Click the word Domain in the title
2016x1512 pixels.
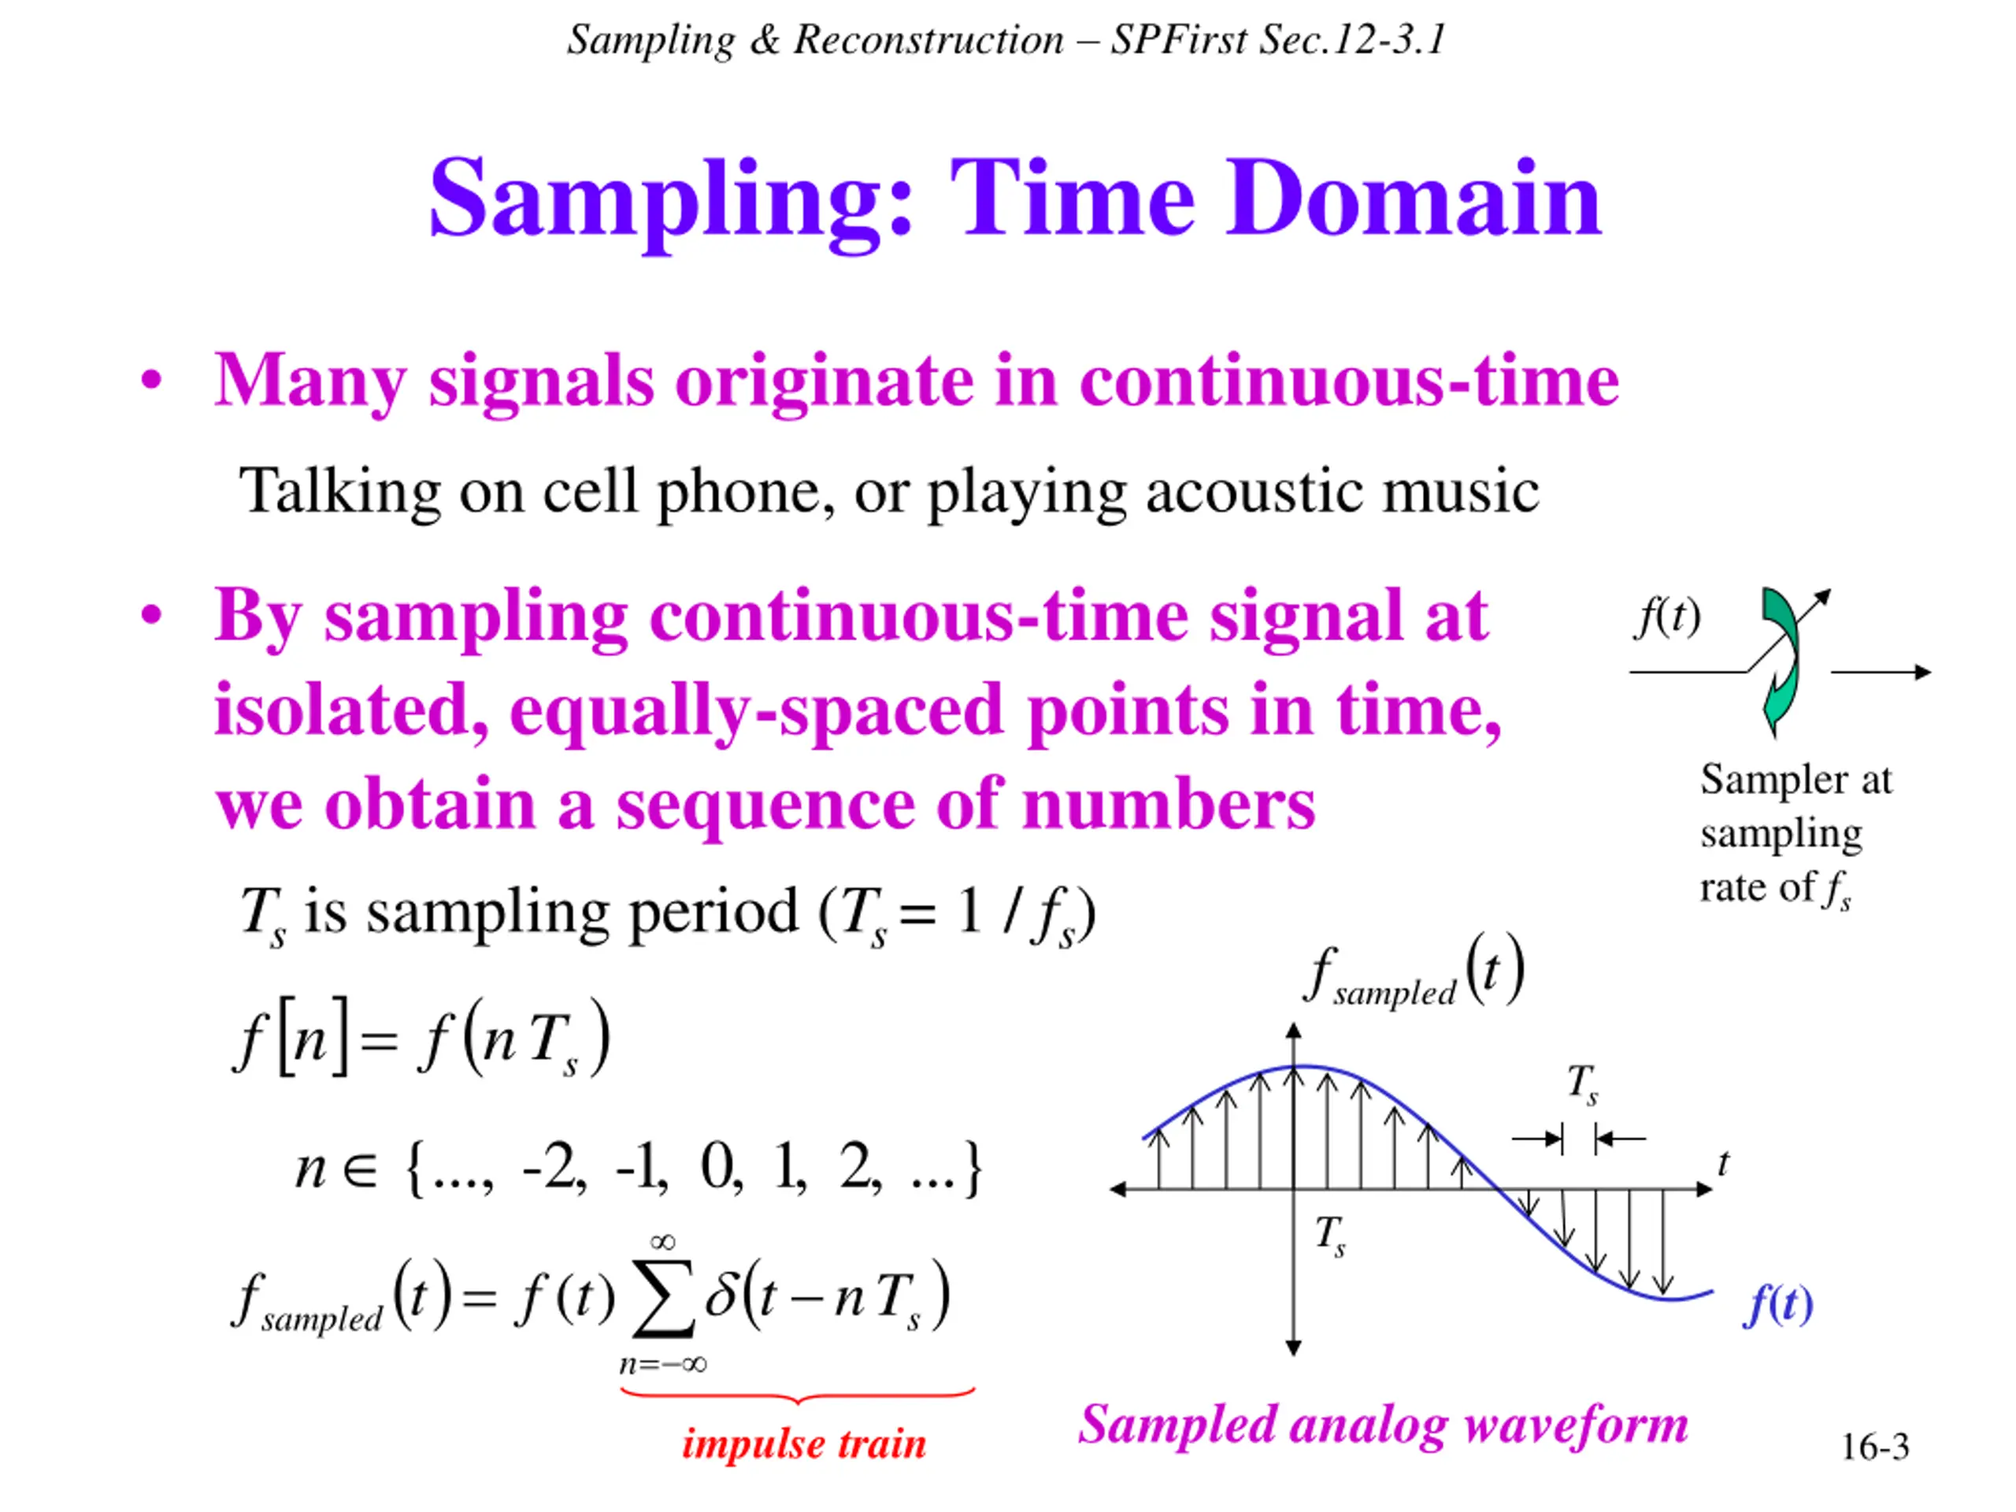[1414, 198]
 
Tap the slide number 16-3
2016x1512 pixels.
[1875, 1447]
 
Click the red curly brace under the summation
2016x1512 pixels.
[798, 1395]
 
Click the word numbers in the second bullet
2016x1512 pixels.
[1169, 805]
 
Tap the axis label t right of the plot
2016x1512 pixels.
[1722, 1163]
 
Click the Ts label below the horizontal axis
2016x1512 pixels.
[1330, 1236]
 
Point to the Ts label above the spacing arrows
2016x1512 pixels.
[1582, 1084]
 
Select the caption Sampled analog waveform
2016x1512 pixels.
[1383, 1425]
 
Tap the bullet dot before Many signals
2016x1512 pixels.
[151, 379]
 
